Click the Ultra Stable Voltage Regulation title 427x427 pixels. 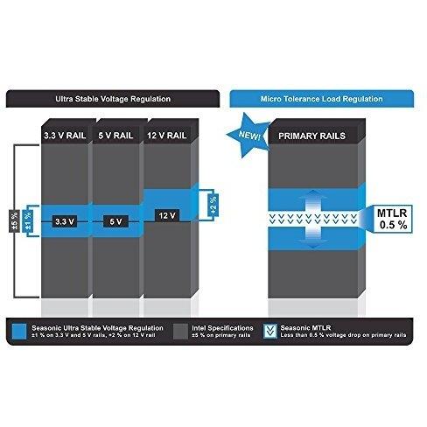[113, 99]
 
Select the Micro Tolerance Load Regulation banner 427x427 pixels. [321, 99]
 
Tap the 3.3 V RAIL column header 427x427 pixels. [65, 136]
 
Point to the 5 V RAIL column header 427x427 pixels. [115, 136]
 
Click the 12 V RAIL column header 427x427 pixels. [167, 136]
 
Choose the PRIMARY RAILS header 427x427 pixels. [311, 136]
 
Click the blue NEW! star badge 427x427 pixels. [248, 135]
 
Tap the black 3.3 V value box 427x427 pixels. [65, 221]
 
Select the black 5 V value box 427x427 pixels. [115, 221]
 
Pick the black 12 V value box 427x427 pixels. [167, 215]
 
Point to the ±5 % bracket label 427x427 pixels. [15, 221]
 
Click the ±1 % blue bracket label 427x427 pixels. [28, 221]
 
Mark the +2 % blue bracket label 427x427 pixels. [213, 205]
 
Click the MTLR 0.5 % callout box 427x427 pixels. [392, 219]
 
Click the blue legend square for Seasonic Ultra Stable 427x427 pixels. [19, 332]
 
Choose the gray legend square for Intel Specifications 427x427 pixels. [180, 332]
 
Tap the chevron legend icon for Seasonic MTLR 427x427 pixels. [270, 332]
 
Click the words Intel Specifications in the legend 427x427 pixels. [222, 328]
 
